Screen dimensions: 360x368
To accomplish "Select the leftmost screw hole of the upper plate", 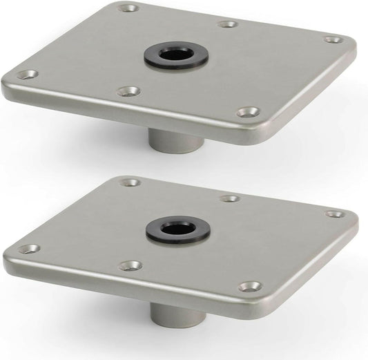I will coord(28,74).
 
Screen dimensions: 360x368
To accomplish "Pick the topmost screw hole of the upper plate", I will coord(127,9).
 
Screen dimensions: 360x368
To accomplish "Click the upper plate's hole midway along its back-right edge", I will coord(229,24).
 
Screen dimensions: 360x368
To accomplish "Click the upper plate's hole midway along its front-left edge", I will coord(128,91).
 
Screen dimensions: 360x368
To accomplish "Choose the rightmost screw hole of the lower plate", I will coord(334,214).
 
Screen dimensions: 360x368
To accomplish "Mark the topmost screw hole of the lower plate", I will coord(128,183).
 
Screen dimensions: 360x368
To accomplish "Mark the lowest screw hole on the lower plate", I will coord(250,285).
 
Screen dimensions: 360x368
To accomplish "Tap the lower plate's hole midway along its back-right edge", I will coord(231,198).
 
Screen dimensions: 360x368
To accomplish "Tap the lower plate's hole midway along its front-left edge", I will coord(130,265).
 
